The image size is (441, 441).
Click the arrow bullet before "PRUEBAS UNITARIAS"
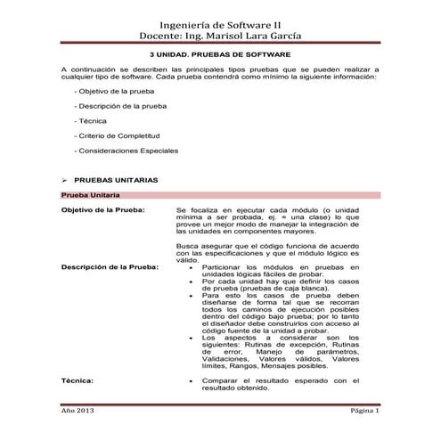(x=63, y=179)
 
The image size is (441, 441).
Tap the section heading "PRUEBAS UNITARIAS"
(x=117, y=179)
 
